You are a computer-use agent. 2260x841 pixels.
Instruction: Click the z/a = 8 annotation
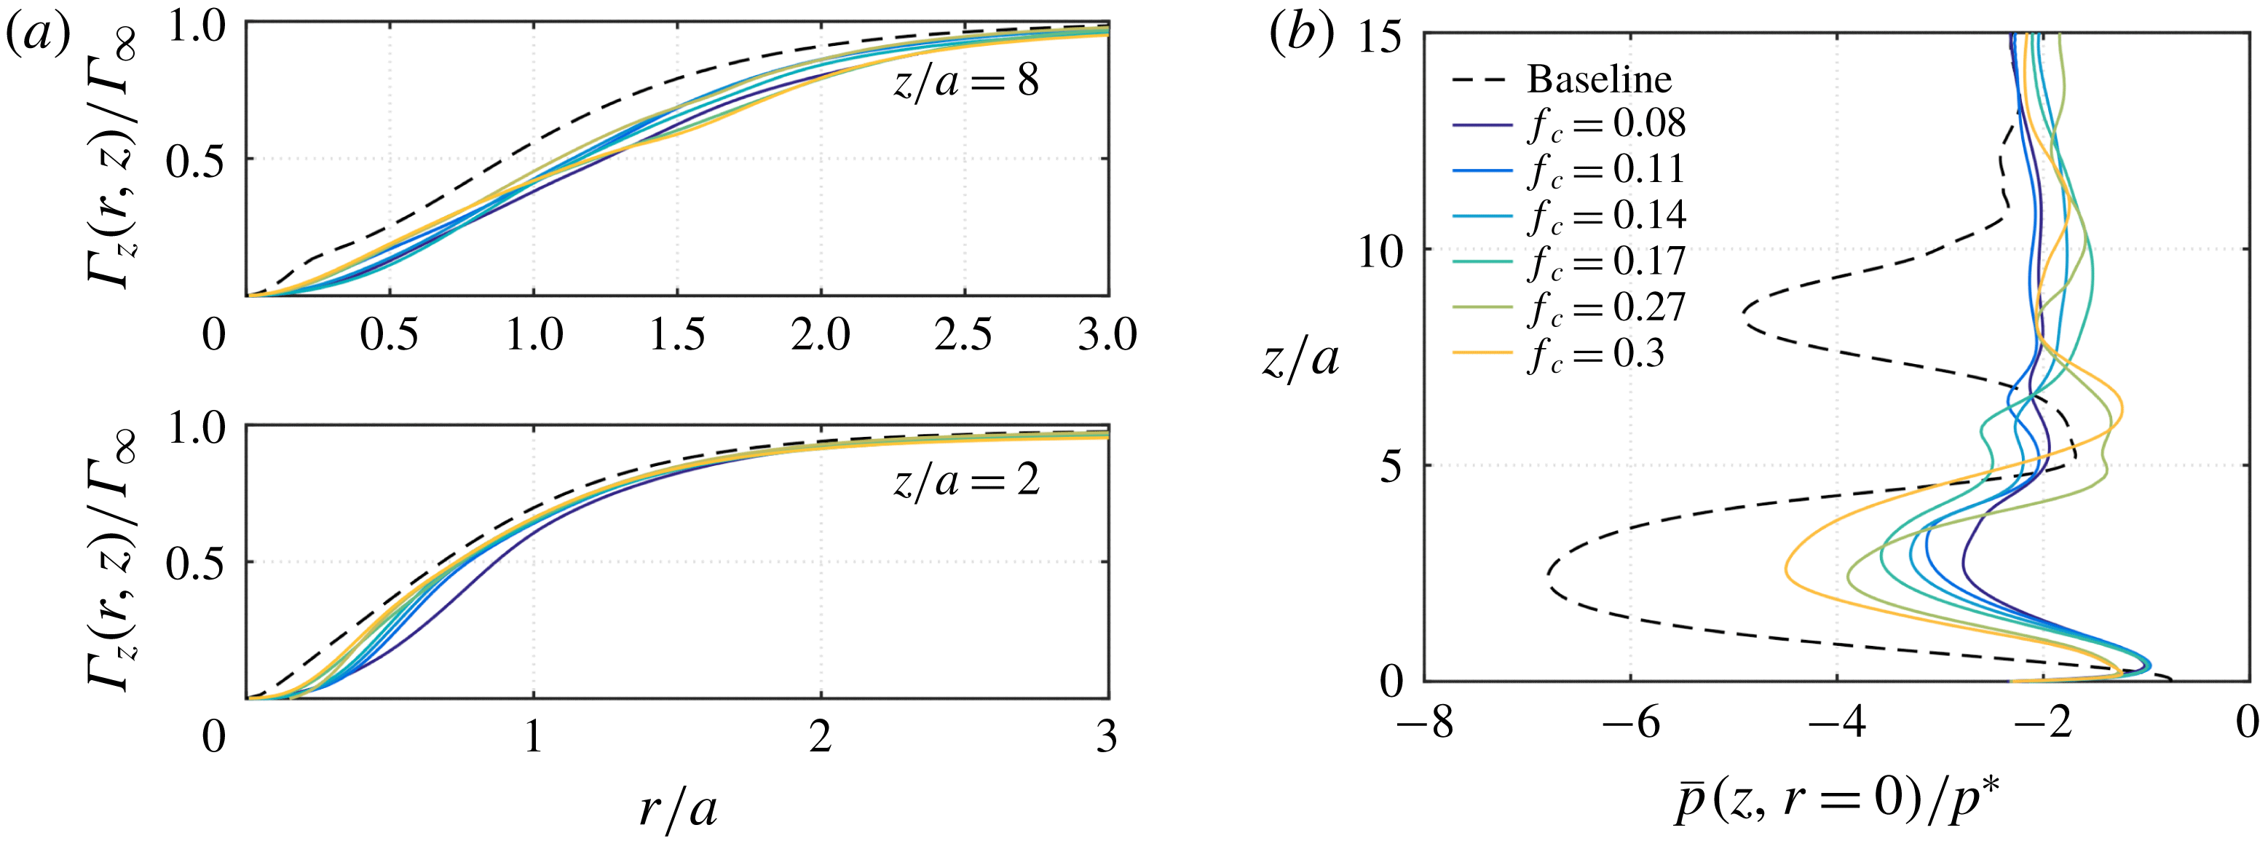pos(965,82)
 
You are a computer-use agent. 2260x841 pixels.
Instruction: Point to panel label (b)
pos(1301,35)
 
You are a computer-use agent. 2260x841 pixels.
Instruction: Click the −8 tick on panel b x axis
pos(1423,724)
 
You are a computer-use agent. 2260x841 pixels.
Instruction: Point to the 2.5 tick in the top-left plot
pos(963,335)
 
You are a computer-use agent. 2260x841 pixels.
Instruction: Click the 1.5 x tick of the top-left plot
pos(676,335)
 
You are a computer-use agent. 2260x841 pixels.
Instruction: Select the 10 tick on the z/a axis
pos(1383,253)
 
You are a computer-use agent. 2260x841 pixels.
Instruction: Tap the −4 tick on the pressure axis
pos(1836,724)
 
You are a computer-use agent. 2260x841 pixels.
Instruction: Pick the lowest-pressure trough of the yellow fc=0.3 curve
pos(1785,570)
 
